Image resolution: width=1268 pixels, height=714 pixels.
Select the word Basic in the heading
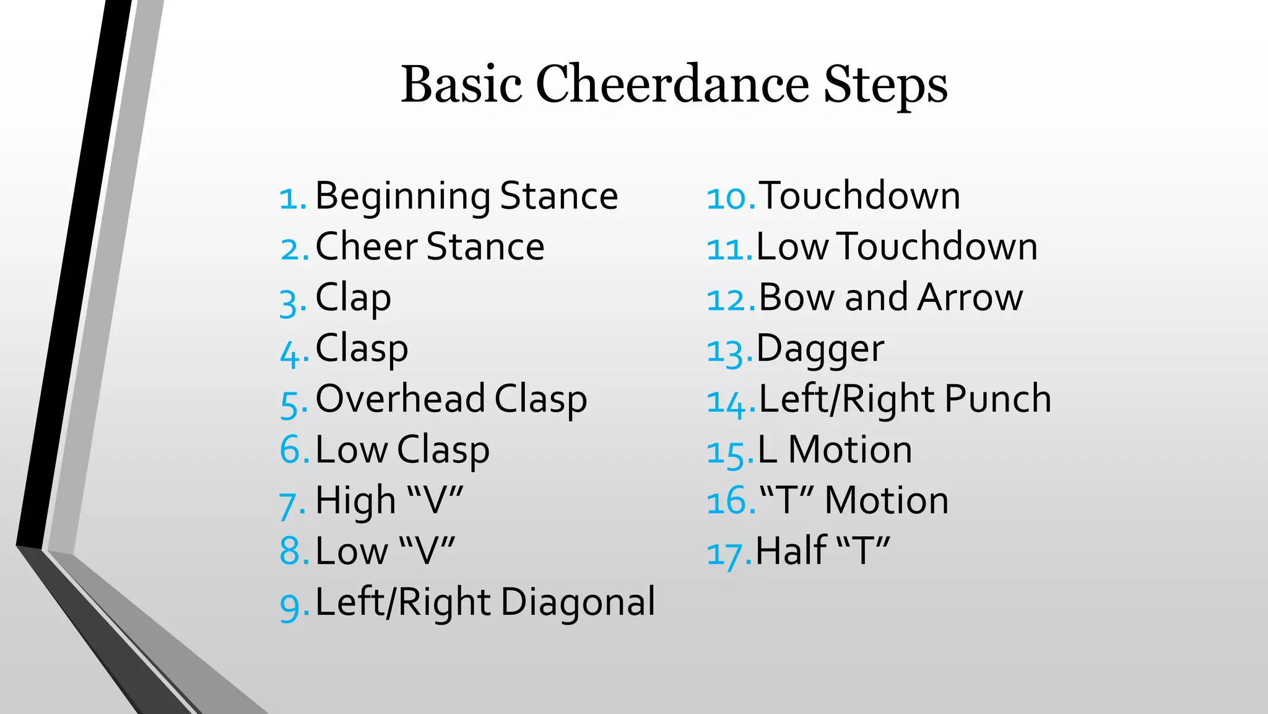coord(461,84)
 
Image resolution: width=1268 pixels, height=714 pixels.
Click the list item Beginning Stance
coord(466,196)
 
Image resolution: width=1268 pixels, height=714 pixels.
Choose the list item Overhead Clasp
coord(451,399)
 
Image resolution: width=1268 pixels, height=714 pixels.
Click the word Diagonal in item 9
coord(578,602)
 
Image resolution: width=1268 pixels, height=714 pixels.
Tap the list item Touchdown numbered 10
coord(859,196)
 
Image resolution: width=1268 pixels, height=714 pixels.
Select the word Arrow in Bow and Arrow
coord(970,297)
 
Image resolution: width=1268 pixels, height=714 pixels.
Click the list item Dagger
coord(820,349)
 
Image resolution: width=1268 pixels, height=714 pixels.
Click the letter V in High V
coord(435,500)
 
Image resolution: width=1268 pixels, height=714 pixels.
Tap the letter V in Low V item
coord(427,551)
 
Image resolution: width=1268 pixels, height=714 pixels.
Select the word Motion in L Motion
coord(849,449)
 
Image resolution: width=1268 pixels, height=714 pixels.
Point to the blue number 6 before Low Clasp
coord(290,449)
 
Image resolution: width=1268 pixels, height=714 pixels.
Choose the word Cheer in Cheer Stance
coord(367,247)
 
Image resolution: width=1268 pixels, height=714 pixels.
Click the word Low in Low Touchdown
coord(792,247)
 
